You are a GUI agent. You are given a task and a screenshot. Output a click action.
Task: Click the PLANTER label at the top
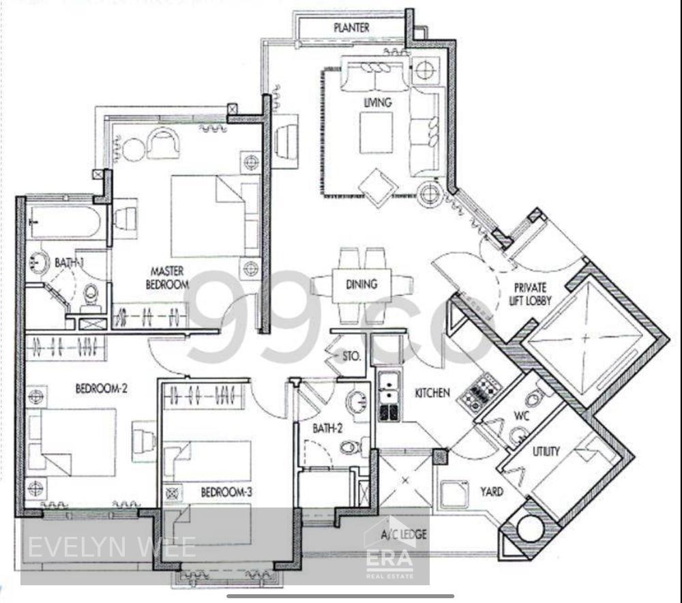pos(351,28)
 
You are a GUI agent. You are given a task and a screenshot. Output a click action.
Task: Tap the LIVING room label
pos(377,103)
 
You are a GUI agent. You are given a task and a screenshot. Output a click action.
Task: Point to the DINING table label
pos(361,284)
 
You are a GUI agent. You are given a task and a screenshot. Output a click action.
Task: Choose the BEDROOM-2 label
pos(101,389)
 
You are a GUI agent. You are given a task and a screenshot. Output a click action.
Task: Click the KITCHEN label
pos(432,393)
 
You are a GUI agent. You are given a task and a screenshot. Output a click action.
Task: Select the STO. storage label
pos(352,355)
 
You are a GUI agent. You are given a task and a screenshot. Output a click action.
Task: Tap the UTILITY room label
pos(546,451)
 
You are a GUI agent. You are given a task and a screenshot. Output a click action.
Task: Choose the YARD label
pos(491,491)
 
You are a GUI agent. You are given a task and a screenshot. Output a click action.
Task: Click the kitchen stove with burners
pos(481,394)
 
